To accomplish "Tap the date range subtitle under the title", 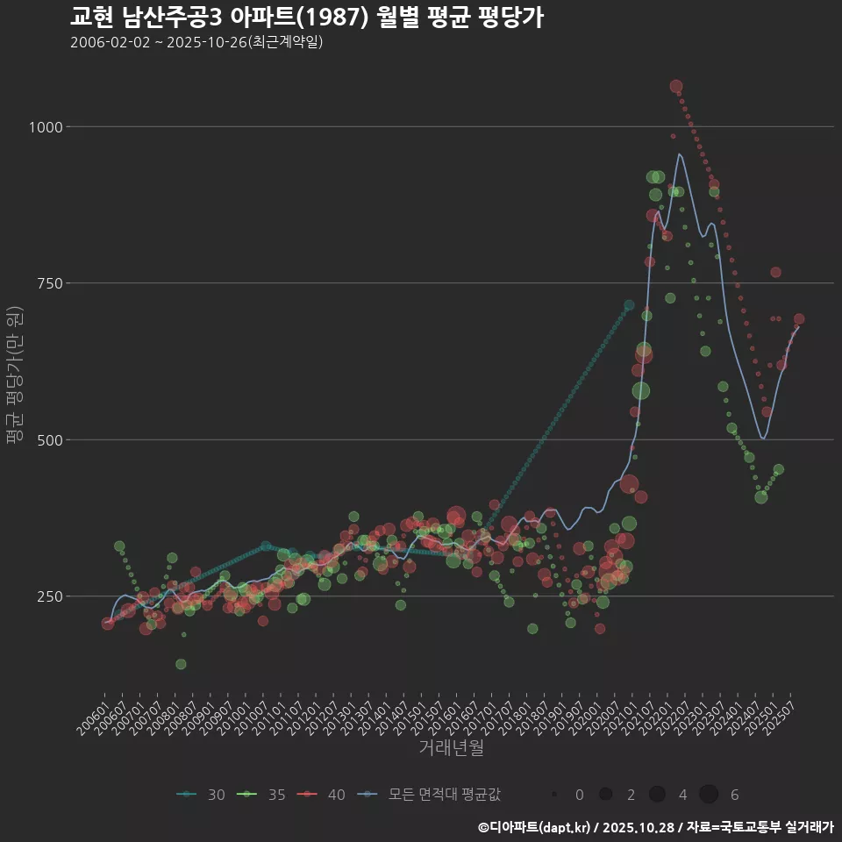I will click(x=197, y=42).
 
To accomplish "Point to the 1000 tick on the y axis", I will click(x=46, y=127).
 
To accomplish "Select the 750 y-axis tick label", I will click(x=50, y=283).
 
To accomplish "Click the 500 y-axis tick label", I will click(x=50, y=439).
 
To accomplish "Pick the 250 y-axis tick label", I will click(x=50, y=596).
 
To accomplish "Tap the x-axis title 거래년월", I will click(x=452, y=748).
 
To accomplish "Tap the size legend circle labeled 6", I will click(x=709, y=795).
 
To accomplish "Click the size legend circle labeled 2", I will click(x=605, y=795).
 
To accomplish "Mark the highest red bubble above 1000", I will click(x=676, y=87).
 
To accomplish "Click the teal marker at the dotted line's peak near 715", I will click(x=629, y=305).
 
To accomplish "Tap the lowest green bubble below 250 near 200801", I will click(x=181, y=664).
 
